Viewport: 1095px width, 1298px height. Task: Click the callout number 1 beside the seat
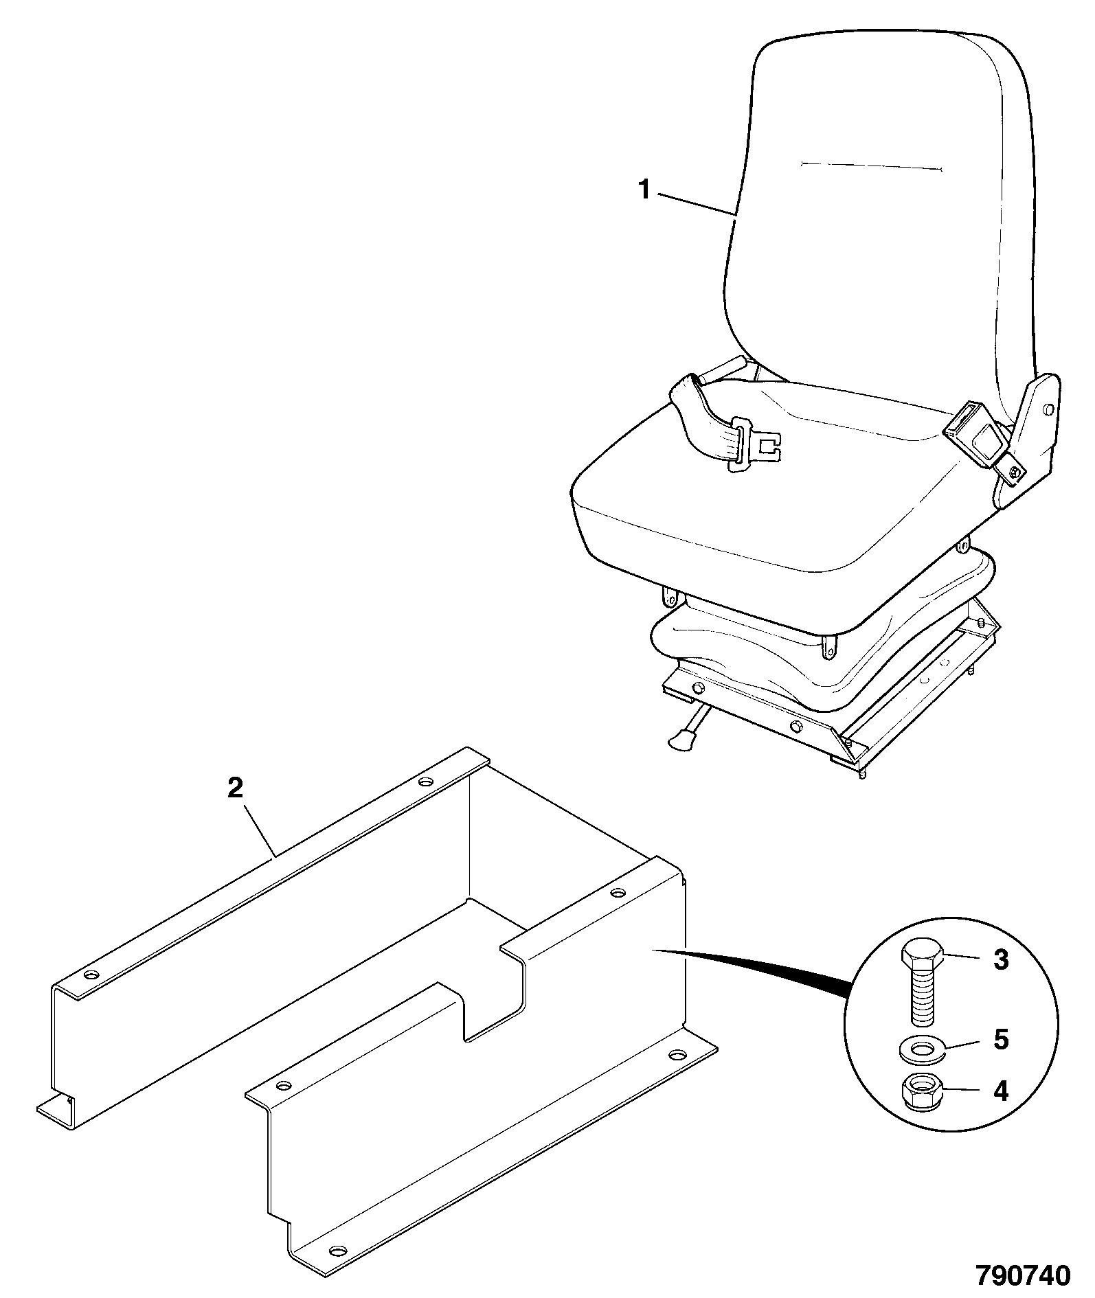tap(644, 189)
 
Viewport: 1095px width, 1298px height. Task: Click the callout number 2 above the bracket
tap(235, 788)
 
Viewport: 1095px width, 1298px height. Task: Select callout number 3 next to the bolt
tap(1001, 959)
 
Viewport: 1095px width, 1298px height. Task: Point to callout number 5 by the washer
tap(1001, 1040)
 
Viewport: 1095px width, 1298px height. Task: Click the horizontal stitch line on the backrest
tap(871, 166)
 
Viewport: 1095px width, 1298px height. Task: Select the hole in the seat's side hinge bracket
tap(1048, 410)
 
